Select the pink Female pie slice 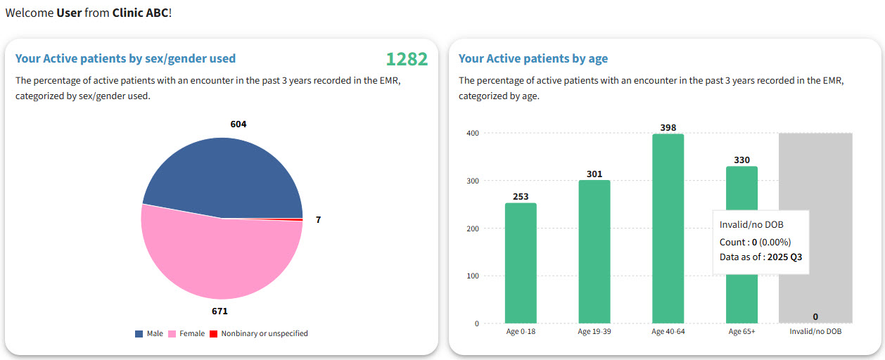coord(218,260)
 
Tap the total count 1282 coord(407,59)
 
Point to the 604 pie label coord(238,124)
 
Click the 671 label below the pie coord(219,310)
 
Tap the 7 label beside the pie coord(318,219)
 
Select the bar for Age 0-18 coord(521,263)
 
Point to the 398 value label coord(668,127)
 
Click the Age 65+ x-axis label coord(741,331)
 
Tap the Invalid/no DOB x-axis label coord(815,331)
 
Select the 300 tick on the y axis coord(472,181)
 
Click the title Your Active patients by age coord(533,58)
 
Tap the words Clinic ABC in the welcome coord(140,13)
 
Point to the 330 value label coord(741,160)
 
